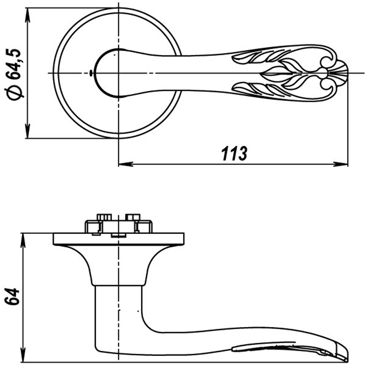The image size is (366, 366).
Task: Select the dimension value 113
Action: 234,154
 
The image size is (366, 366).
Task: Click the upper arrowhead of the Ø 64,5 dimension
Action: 27,13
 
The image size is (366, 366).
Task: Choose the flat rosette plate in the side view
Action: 119,239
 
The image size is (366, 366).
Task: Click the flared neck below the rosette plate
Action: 119,265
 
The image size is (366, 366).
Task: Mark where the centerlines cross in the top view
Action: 119,73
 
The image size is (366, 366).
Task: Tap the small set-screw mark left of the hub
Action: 90,73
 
